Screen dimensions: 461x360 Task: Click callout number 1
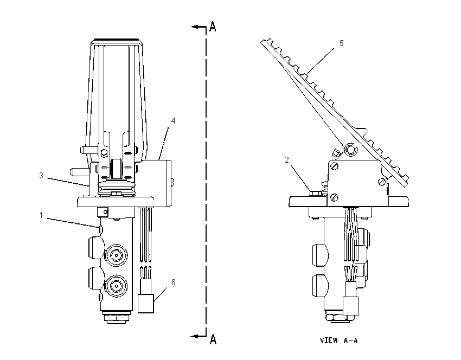click(41, 215)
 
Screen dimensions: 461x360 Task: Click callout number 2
click(287, 160)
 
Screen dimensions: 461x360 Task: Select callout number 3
click(41, 176)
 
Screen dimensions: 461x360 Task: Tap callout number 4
click(173, 121)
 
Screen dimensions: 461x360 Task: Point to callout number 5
click(341, 43)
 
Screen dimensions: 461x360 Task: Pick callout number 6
click(173, 282)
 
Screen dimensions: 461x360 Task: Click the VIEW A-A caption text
click(338, 340)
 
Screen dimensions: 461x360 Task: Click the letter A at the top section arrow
click(213, 27)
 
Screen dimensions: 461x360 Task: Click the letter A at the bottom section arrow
click(213, 339)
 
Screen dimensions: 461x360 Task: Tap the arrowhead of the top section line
click(194, 27)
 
